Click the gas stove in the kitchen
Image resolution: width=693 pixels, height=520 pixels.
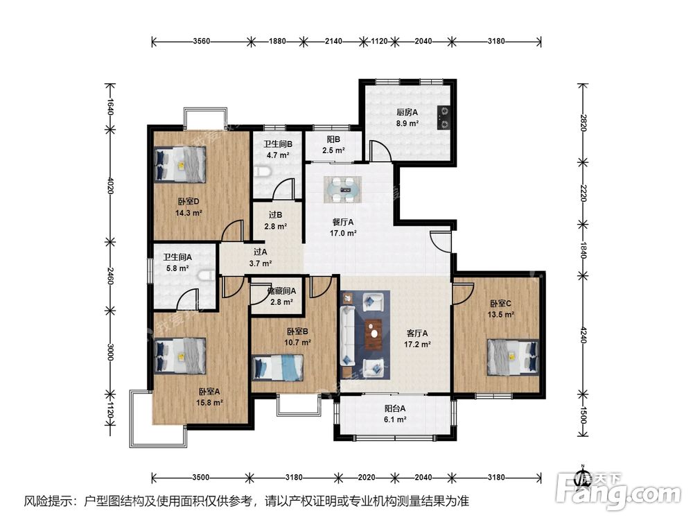pos(444,118)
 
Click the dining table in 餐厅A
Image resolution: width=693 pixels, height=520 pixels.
pos(342,189)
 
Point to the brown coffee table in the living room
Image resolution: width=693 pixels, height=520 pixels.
pos(374,334)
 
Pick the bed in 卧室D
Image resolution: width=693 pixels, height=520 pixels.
pos(180,164)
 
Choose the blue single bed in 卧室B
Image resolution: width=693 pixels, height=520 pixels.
pos(278,369)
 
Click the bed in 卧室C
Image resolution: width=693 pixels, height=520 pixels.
pos(513,357)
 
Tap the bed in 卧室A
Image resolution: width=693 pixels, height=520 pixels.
pos(180,356)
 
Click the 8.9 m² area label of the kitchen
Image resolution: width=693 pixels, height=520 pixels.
pos(407,123)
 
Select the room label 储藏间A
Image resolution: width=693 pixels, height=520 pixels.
pos(281,291)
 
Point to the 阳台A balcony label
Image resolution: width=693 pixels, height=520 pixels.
pos(395,408)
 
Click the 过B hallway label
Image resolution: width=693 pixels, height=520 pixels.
pos(275,215)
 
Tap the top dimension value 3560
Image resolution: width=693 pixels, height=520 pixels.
pos(201,41)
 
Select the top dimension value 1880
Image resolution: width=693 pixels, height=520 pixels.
pos(277,41)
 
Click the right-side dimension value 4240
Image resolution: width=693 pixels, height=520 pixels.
pos(583,335)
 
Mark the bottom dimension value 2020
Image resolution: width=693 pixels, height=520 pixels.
pos(367,477)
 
